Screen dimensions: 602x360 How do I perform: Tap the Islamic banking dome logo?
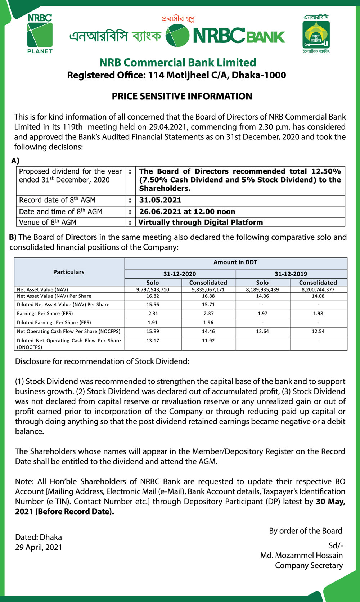tap(316, 35)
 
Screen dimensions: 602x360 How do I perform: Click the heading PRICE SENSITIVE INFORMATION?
tap(182, 96)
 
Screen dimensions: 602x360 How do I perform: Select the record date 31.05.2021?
tap(160, 200)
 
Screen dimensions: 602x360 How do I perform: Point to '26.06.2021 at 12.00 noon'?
tap(187, 212)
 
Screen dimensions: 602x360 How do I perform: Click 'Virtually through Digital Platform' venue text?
tap(201, 222)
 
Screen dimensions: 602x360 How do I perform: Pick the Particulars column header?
tap(69, 272)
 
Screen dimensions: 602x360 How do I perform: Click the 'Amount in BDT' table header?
tap(235, 262)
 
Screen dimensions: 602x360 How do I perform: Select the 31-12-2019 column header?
tap(291, 274)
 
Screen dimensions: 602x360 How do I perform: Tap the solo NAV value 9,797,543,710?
tap(153, 289)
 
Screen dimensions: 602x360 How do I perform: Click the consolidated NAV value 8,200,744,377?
tap(318, 289)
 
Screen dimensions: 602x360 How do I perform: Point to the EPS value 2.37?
tap(208, 314)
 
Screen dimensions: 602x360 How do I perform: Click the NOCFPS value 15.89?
tap(153, 331)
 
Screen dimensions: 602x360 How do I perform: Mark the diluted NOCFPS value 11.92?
tap(208, 341)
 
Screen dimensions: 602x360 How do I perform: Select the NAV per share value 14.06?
tap(262, 296)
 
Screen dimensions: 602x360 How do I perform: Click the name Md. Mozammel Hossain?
tap(301, 555)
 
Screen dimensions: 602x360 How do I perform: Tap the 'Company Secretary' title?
tap(309, 565)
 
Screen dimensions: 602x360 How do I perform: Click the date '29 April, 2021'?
tap(39, 547)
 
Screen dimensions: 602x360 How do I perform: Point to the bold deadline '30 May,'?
tap(330, 502)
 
